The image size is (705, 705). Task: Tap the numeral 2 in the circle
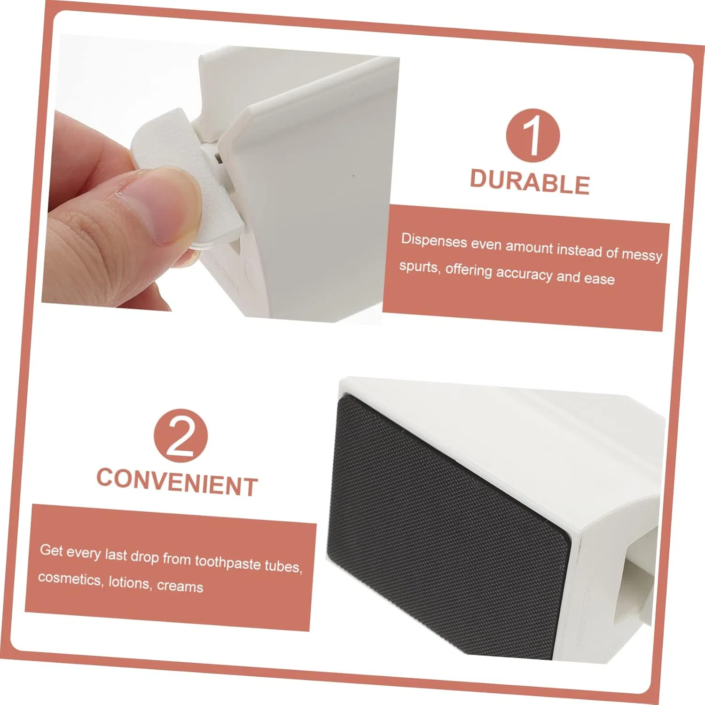pos(180,436)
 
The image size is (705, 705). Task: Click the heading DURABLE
pos(530,182)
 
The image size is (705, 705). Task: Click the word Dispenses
pos(434,241)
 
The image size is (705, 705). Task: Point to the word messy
pos(642,255)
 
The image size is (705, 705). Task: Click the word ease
pos(599,279)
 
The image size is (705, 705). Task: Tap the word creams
pos(180,586)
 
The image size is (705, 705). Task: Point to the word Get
pos(51,549)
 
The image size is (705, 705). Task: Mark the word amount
pos(530,247)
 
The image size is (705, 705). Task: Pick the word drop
pos(144,556)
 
